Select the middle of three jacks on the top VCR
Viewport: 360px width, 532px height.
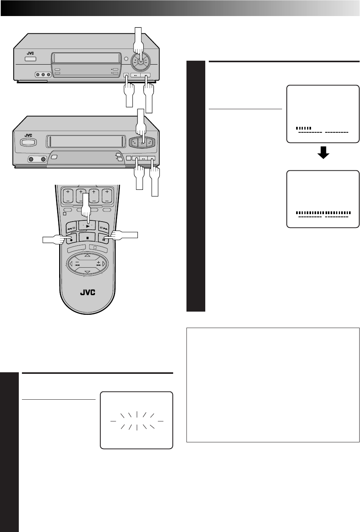(x=42, y=74)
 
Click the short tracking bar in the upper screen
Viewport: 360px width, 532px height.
(x=304, y=128)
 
